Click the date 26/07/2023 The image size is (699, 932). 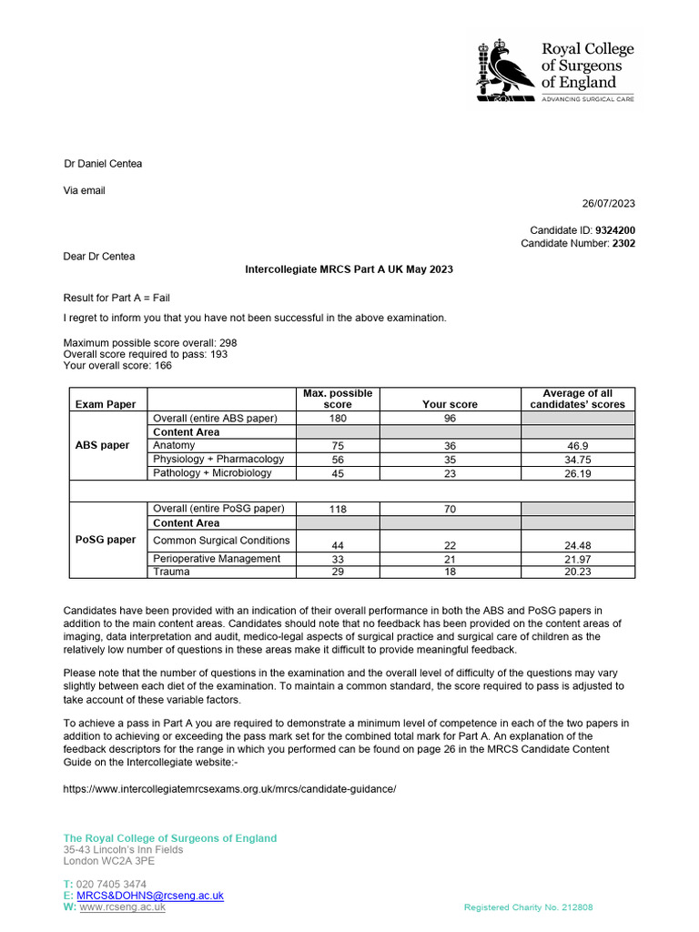(608, 203)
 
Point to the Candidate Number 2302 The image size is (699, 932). (623, 244)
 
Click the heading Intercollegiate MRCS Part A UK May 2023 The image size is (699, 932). (349, 270)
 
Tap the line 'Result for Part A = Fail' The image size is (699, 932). (116, 298)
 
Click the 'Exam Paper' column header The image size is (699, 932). (106, 404)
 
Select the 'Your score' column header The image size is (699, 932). (450, 404)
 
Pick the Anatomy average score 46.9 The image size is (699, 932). (577, 446)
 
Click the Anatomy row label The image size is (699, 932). (174, 446)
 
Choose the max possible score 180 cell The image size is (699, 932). (338, 419)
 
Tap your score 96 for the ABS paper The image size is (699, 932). (450, 419)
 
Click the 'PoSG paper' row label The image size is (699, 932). (105, 540)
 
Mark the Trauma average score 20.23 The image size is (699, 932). (577, 572)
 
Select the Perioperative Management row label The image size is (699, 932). (217, 559)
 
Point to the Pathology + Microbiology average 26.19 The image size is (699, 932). (577, 473)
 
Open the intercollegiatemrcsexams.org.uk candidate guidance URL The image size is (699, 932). (229, 789)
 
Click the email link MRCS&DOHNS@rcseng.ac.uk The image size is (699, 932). (149, 896)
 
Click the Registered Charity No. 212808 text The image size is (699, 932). (529, 907)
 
